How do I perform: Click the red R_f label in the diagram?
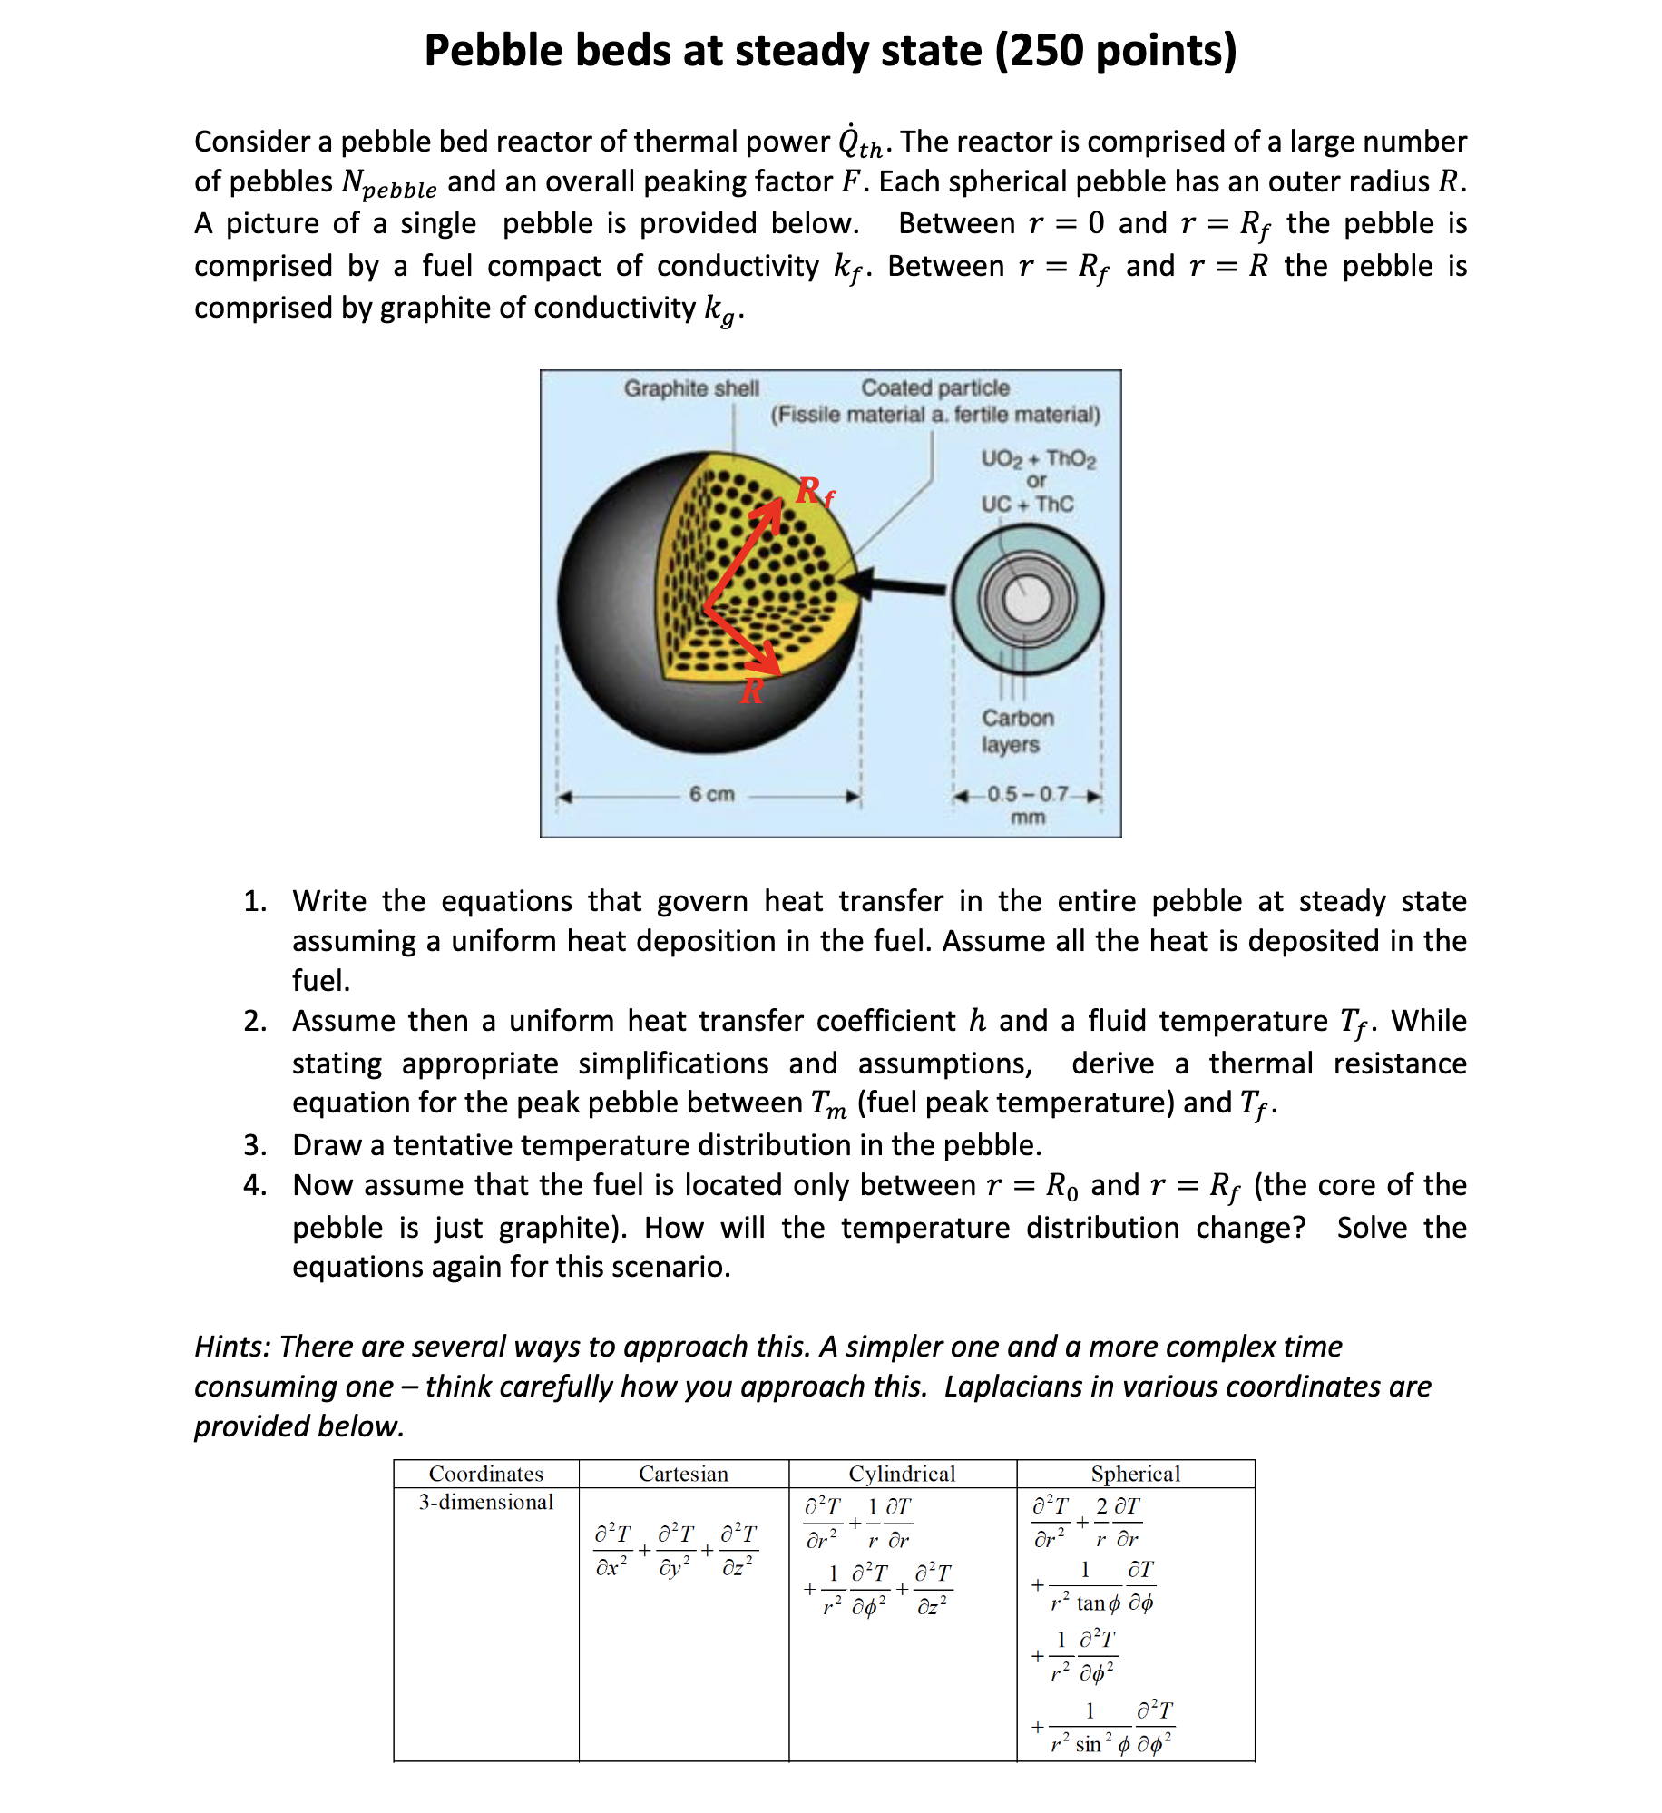pyautogui.click(x=815, y=493)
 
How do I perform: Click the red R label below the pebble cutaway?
pyautogui.click(x=752, y=692)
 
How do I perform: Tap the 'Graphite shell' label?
pyautogui.click(x=690, y=388)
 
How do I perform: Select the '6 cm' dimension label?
pyautogui.click(x=711, y=794)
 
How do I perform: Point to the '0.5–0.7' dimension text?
pyautogui.click(x=1027, y=794)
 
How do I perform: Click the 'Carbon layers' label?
pyautogui.click(x=1016, y=730)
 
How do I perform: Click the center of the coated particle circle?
pyautogui.click(x=1027, y=600)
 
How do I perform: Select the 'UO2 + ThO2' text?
pyautogui.click(x=1038, y=459)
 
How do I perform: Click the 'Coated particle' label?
pyautogui.click(x=934, y=388)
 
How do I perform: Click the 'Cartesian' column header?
pyautogui.click(x=683, y=1474)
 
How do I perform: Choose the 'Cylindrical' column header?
pyautogui.click(x=902, y=1474)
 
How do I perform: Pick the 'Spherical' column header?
pyautogui.click(x=1135, y=1474)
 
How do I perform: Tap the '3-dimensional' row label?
pyautogui.click(x=485, y=1502)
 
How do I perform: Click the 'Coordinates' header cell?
pyautogui.click(x=485, y=1474)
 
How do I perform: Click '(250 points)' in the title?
pyautogui.click(x=1116, y=51)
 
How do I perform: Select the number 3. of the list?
pyautogui.click(x=255, y=1145)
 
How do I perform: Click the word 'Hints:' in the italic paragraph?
pyautogui.click(x=232, y=1347)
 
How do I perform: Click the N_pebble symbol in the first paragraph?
pyautogui.click(x=388, y=184)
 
